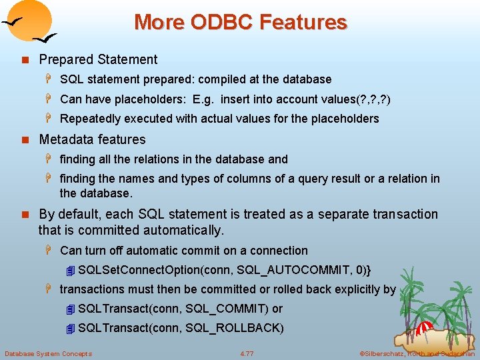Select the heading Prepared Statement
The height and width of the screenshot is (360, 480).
pos(98,59)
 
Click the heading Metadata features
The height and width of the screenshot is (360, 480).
pos(92,139)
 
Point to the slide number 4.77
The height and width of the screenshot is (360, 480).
pos(247,353)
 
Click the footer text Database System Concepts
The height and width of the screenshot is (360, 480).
pos(48,353)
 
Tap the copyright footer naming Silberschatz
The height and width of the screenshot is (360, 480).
pos(416,353)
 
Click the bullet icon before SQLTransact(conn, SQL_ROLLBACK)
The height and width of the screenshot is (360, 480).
pos(71,329)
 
